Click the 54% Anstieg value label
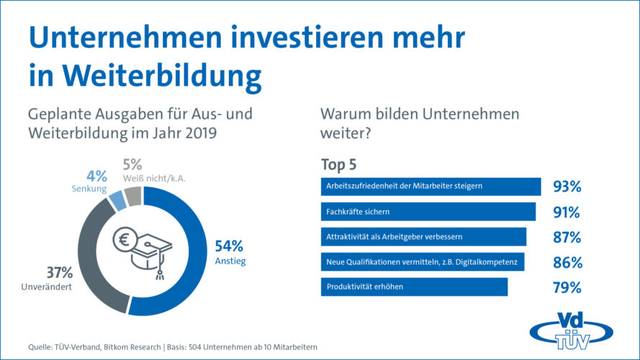(230, 245)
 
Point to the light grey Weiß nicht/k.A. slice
(132, 195)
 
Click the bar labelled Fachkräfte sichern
(427, 212)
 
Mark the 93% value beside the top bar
(567, 187)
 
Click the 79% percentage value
(567, 288)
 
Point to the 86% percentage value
(567, 263)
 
